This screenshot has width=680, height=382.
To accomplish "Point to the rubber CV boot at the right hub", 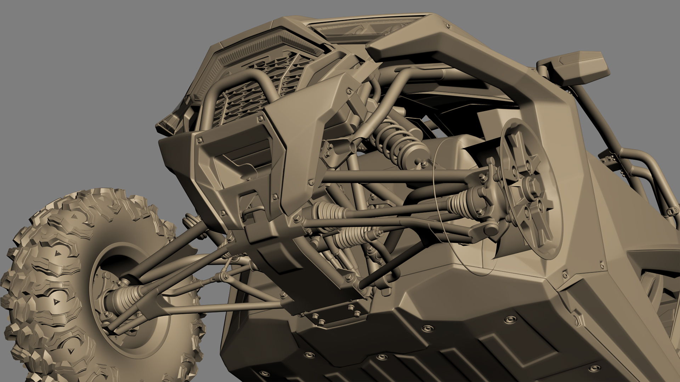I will click(460, 203).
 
